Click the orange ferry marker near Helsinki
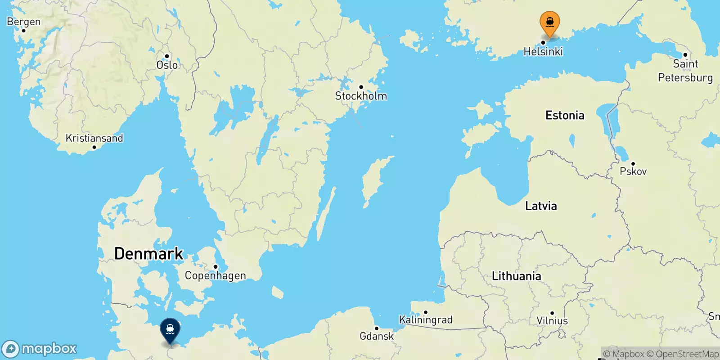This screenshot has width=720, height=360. (549, 22)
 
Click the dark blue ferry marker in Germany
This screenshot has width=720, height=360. (170, 329)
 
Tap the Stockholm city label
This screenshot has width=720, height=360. (361, 96)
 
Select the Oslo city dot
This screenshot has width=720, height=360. (167, 56)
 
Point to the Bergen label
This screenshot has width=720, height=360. (23, 22)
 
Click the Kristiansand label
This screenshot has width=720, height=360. (94, 138)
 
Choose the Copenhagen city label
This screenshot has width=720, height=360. (215, 275)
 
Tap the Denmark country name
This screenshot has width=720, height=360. (148, 254)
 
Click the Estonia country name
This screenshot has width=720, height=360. (565, 116)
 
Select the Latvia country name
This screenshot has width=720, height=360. (541, 206)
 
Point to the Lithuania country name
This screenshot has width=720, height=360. (516, 276)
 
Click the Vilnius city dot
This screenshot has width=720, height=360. (552, 313)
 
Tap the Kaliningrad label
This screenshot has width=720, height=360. (425, 320)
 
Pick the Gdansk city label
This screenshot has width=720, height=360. (376, 336)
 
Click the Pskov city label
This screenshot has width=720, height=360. (633, 171)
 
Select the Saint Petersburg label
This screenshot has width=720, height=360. (685, 71)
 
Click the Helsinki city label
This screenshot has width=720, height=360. (543, 52)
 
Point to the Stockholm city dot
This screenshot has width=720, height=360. (361, 87)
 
